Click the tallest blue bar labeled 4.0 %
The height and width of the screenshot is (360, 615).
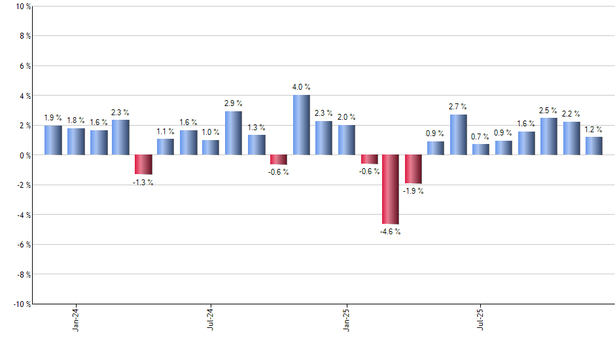tap(301, 125)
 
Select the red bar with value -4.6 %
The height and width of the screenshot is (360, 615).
tap(391, 189)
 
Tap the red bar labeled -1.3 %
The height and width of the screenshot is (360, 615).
tap(143, 164)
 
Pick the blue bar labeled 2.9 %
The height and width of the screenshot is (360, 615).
tap(234, 133)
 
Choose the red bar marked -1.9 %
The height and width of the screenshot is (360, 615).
tap(413, 169)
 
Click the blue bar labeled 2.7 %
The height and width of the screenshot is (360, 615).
tap(459, 135)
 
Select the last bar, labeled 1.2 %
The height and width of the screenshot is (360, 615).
tap(593, 146)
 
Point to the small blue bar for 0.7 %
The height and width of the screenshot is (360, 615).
tap(481, 150)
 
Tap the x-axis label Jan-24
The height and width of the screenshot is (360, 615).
tap(77, 318)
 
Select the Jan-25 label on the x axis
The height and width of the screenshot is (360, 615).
tap(346, 318)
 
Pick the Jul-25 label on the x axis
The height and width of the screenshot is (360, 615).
tap(481, 318)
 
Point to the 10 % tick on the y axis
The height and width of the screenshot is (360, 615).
tap(23, 7)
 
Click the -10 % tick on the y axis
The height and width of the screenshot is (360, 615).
tap(22, 304)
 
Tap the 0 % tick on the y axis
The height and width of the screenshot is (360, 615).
tap(25, 155)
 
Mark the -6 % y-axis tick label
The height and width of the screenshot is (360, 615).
tap(24, 244)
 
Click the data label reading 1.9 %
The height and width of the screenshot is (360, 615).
tap(54, 118)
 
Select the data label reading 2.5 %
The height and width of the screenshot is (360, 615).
tap(548, 111)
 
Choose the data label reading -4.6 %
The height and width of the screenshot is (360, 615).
tap(391, 232)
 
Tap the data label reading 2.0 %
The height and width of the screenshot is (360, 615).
tap(347, 117)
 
